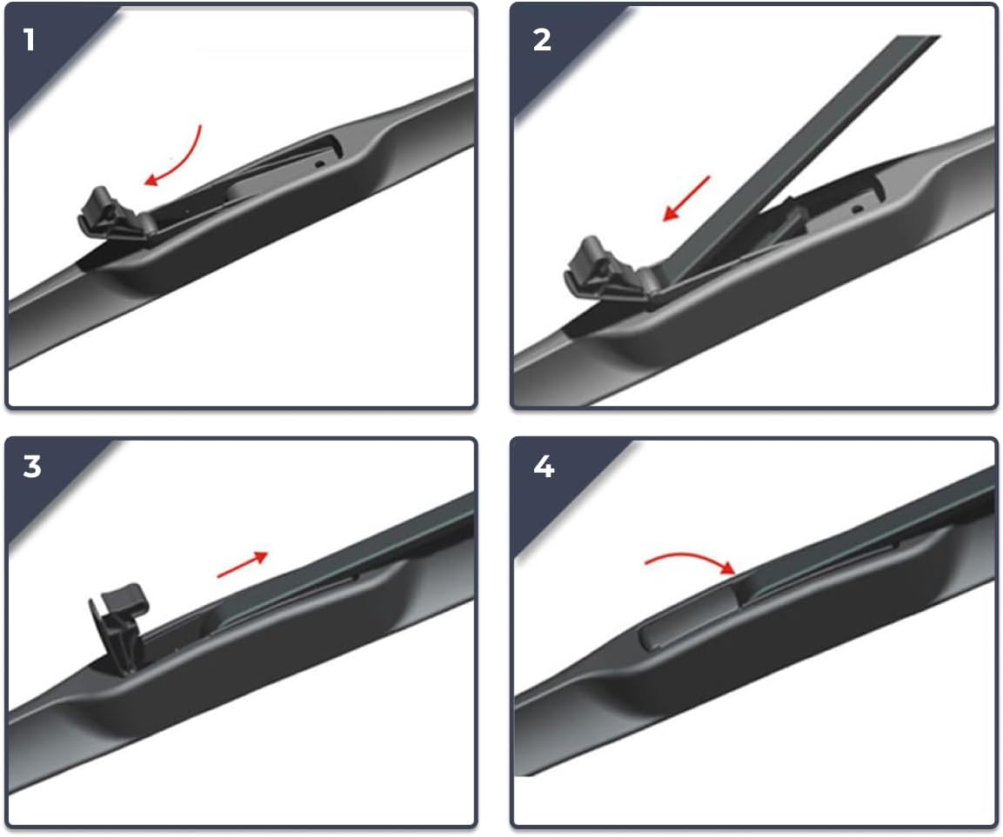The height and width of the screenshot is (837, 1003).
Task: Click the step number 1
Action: (30, 39)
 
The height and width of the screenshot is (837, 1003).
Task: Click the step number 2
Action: (541, 39)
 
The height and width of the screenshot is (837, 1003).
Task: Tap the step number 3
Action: (31, 467)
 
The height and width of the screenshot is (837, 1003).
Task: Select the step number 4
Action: (543, 467)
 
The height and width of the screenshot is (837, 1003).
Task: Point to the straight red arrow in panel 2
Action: (686, 198)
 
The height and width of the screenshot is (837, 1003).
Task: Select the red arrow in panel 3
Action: (244, 564)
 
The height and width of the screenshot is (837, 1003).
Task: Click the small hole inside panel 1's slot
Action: (320, 162)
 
